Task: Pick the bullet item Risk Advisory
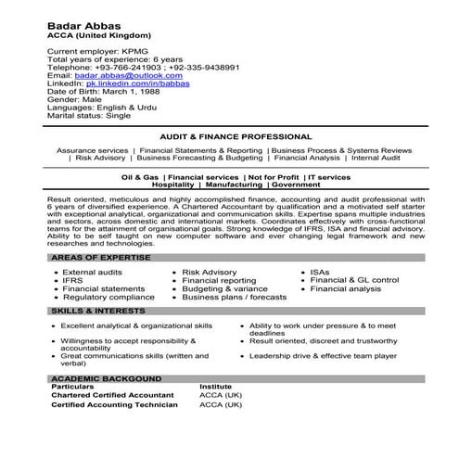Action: [209, 272]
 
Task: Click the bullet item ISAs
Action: [321, 272]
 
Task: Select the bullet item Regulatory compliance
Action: [108, 298]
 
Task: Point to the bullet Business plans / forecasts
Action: [234, 298]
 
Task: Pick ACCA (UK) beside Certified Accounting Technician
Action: [221, 405]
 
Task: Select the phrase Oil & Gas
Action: [140, 176]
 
